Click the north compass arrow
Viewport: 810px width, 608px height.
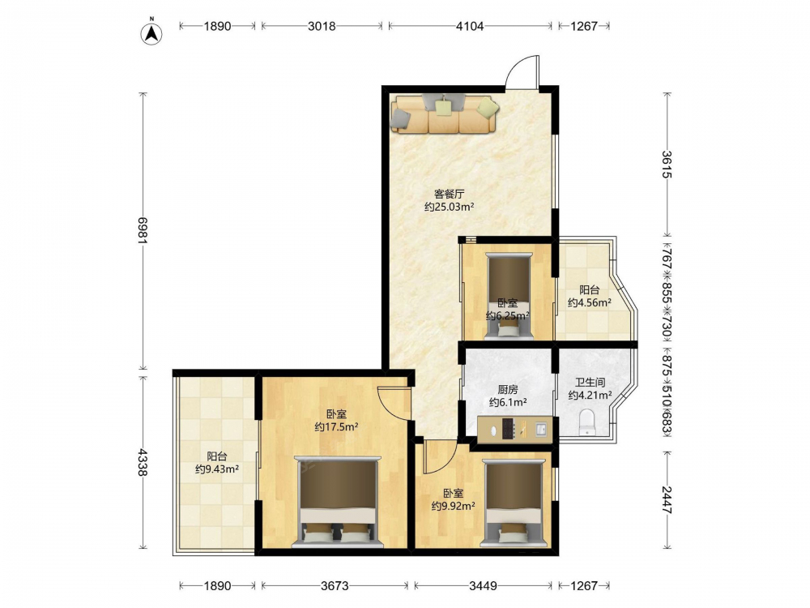152,32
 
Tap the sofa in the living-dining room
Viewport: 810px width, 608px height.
445,113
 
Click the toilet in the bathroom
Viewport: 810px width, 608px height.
586,422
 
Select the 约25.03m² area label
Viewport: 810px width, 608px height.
449,208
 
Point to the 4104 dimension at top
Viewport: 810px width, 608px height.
470,26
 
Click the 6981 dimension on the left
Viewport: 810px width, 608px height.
143,231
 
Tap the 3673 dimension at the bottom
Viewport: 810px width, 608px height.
335,586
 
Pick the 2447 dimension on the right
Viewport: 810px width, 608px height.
667,500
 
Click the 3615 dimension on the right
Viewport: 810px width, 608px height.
667,165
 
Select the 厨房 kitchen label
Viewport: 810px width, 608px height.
508,389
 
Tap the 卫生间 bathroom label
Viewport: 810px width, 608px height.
590,383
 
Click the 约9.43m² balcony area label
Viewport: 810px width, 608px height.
217,469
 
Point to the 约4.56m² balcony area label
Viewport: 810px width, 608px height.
590,302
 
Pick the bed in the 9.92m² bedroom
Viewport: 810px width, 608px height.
513,503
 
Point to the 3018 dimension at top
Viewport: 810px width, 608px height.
322,26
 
